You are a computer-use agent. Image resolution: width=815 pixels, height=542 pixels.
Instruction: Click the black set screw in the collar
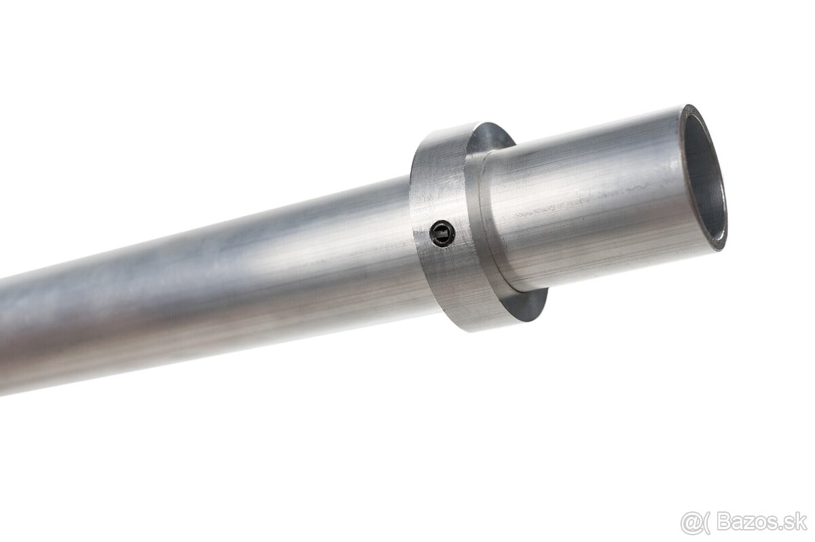tap(442, 234)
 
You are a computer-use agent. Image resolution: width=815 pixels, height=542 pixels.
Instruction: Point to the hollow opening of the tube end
tap(704, 178)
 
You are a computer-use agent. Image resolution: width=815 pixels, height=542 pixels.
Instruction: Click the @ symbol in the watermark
tap(691, 524)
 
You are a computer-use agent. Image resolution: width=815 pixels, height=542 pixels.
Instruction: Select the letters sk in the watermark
tap(799, 522)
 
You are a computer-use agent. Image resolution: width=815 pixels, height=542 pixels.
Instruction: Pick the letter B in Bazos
tap(723, 522)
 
